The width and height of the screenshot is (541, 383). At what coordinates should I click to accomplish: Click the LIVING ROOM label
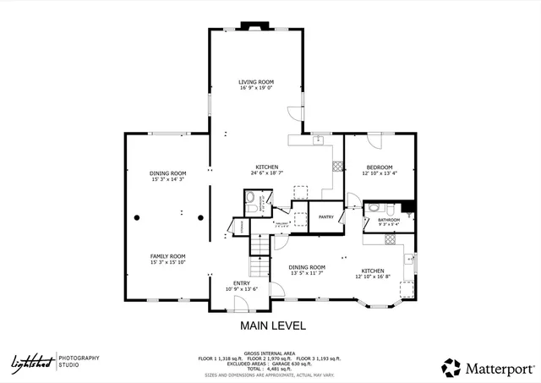tap(256, 82)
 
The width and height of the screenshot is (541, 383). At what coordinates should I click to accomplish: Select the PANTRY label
tap(326, 216)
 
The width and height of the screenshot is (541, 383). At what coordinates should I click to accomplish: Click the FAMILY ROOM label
tap(167, 256)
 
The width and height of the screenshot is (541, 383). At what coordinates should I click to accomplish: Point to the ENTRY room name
tap(241, 283)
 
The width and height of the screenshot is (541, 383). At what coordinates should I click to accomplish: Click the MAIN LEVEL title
tap(273, 326)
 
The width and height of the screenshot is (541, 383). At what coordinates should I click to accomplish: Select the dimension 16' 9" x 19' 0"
tap(256, 88)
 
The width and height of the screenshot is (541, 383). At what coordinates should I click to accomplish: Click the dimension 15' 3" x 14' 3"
tap(167, 179)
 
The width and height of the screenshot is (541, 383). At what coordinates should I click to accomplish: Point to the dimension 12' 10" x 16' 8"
tap(373, 276)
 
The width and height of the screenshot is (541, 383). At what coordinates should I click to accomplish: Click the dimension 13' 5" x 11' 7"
tap(307, 273)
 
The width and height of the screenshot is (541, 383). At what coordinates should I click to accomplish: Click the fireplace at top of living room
tap(252, 25)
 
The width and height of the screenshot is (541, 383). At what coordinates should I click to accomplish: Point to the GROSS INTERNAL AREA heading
tap(270, 353)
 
